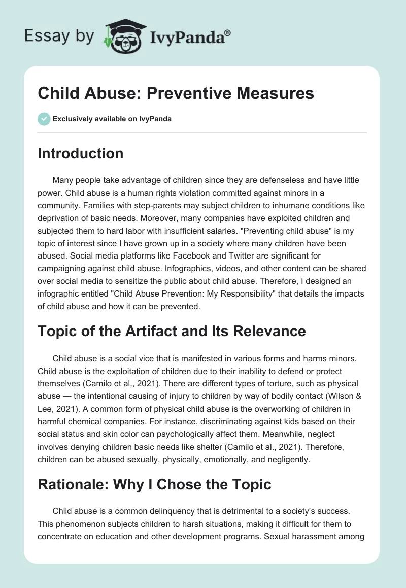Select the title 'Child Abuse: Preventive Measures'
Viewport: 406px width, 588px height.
click(176, 93)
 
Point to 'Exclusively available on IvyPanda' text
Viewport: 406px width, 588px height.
click(112, 119)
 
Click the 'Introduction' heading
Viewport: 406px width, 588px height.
click(80, 153)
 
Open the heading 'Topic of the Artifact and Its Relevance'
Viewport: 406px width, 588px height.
click(172, 331)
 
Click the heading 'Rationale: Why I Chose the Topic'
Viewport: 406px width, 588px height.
click(154, 484)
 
